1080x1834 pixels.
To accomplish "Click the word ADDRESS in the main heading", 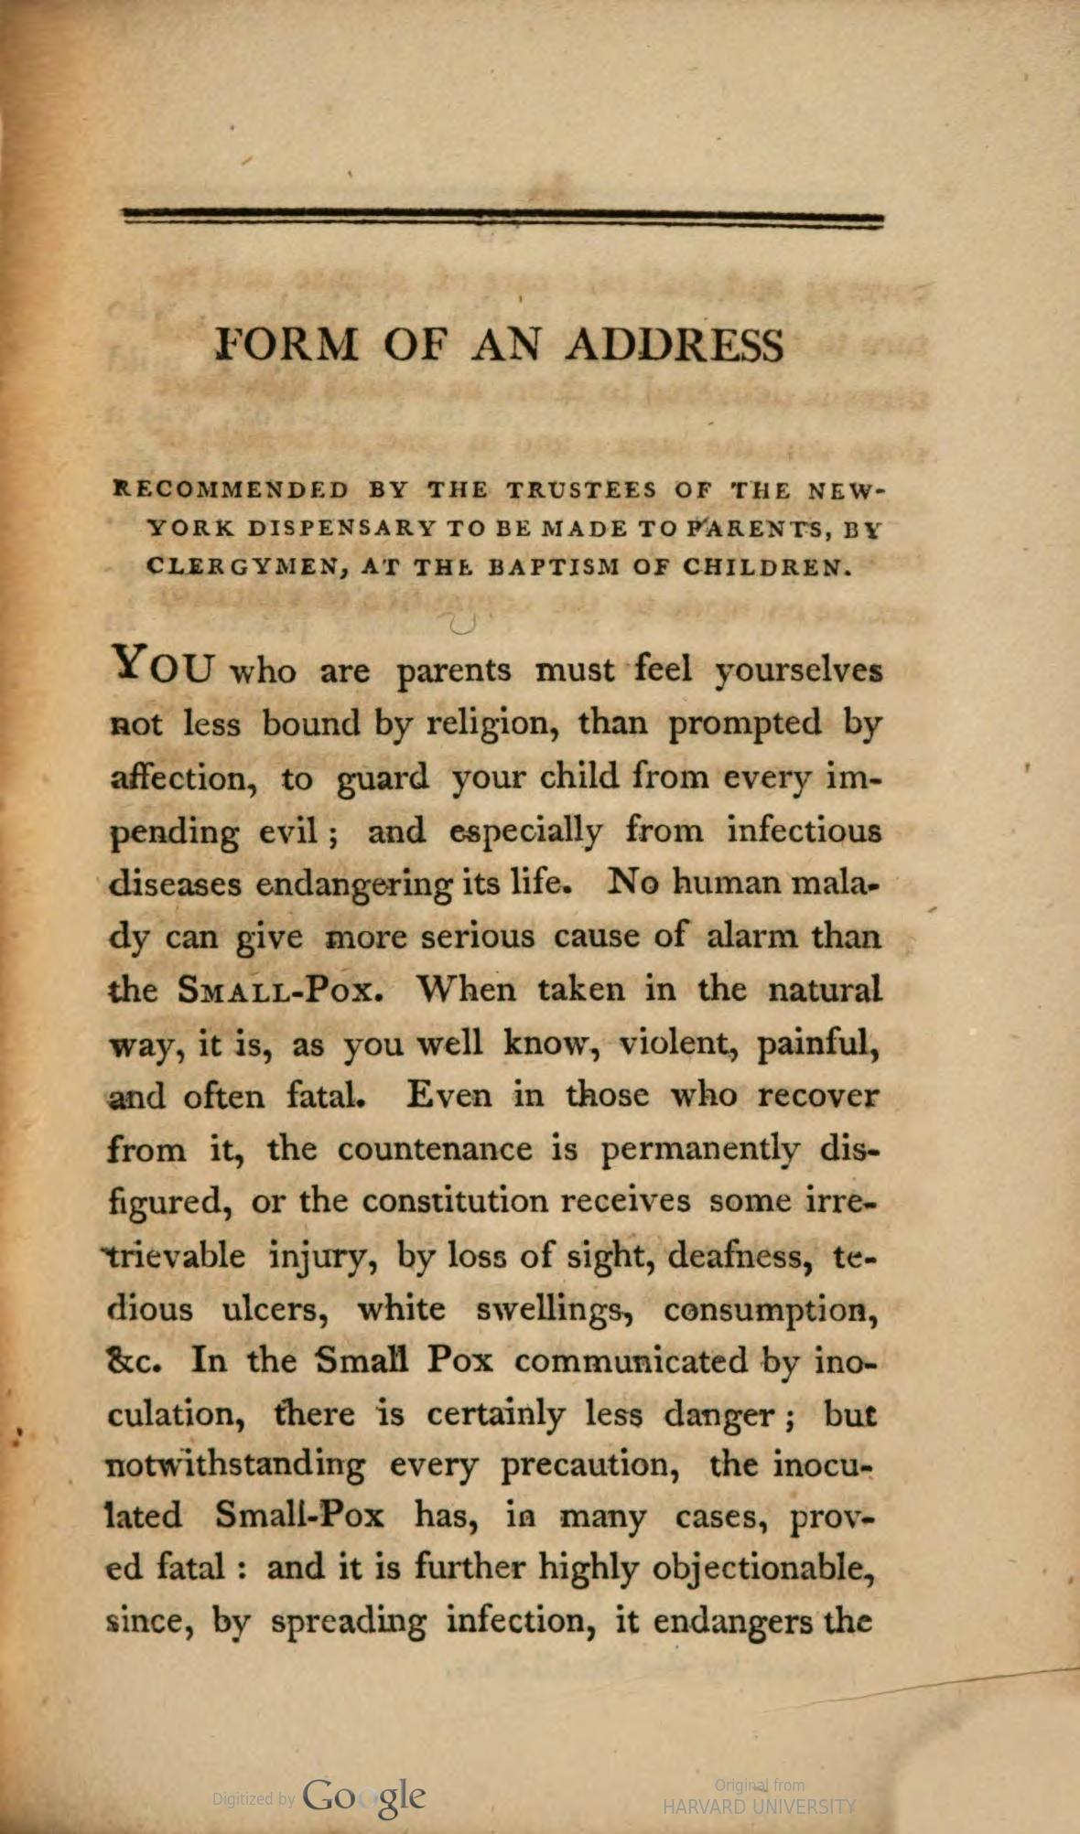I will pos(675,347).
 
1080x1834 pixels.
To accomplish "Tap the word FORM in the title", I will pos(286,347).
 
